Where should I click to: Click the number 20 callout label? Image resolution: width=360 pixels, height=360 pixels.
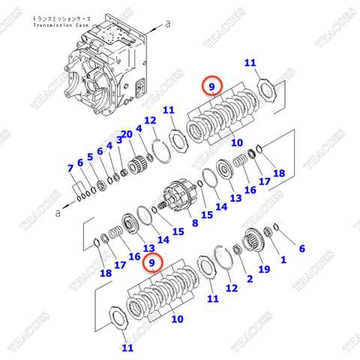[127, 134]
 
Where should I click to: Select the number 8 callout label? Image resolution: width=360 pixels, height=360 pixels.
[195, 223]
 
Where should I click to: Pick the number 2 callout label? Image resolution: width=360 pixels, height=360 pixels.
[250, 278]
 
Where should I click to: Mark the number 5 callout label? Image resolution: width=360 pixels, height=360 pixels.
[89, 157]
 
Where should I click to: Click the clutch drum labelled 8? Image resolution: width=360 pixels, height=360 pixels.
[179, 199]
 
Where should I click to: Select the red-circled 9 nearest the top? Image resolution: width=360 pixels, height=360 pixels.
[214, 87]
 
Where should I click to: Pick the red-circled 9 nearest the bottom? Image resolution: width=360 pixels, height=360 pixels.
[154, 262]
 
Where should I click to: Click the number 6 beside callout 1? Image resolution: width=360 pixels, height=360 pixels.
[301, 248]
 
